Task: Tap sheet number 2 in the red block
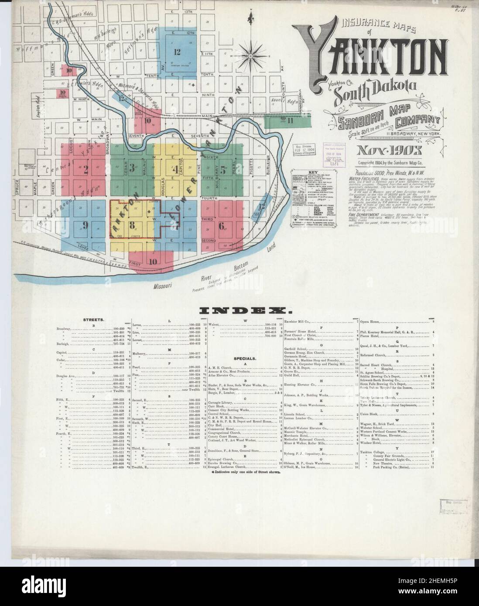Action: coord(86,170)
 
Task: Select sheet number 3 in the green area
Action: coord(132,168)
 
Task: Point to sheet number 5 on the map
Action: coord(222,171)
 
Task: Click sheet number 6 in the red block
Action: coord(222,225)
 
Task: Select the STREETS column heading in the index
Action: coord(93,320)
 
